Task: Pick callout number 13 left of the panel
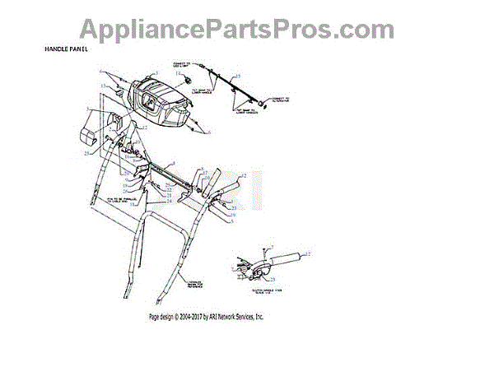102,84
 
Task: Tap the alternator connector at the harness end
263,104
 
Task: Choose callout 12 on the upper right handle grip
245,176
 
